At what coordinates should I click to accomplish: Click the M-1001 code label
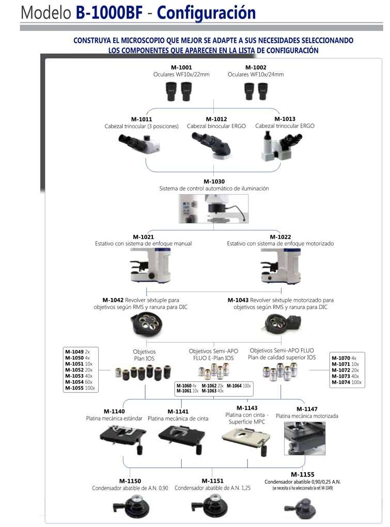(181, 68)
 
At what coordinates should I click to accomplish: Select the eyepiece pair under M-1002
(256, 91)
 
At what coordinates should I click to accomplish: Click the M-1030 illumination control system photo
(213, 208)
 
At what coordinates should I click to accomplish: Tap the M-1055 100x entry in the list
(80, 388)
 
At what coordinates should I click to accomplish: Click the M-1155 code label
(302, 474)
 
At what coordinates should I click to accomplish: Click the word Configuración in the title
(207, 12)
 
